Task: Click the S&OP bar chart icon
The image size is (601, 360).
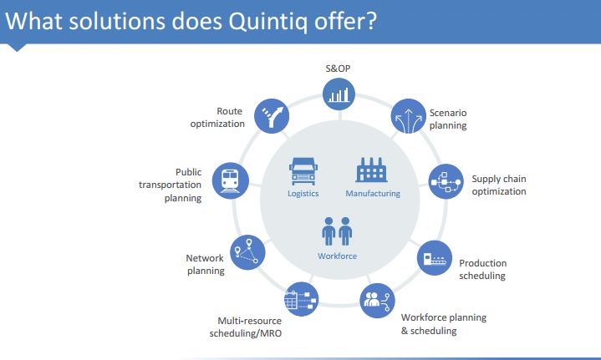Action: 339,94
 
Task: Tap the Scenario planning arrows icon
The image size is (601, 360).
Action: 408,116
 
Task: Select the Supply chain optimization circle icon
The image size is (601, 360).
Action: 446,181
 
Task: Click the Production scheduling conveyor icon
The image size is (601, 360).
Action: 435,258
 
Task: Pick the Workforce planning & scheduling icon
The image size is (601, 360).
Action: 377,300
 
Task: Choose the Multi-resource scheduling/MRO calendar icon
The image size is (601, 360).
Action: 301,299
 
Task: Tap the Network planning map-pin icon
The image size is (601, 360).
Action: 247,252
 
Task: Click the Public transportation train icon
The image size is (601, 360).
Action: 231,180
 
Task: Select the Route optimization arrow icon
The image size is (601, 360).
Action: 272,116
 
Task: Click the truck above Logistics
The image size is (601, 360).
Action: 303,171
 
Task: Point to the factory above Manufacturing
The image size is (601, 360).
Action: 371,170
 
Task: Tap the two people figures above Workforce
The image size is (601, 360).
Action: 338,231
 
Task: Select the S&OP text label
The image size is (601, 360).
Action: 338,68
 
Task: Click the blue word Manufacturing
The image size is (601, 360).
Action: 373,194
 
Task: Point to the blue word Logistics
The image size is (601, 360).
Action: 303,194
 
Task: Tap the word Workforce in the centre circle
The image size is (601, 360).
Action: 338,256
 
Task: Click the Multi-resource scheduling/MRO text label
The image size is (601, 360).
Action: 246,327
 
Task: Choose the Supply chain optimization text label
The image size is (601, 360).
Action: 499,185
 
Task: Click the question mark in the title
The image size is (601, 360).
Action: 370,20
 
